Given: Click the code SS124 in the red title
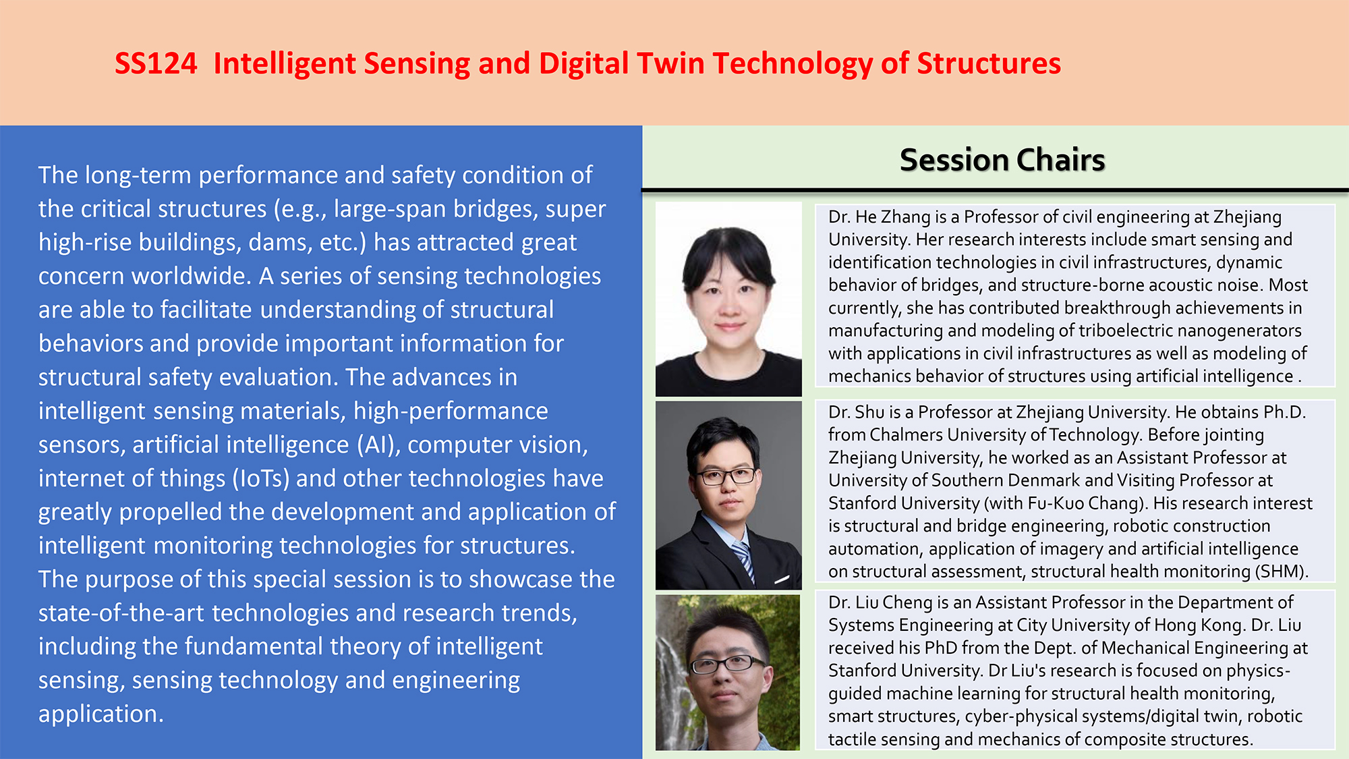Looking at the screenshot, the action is (156, 63).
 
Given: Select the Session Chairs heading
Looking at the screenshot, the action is (1002, 160).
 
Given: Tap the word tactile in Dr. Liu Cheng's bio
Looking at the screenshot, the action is (852, 739).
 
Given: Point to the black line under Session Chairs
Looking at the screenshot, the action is (995, 190).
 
